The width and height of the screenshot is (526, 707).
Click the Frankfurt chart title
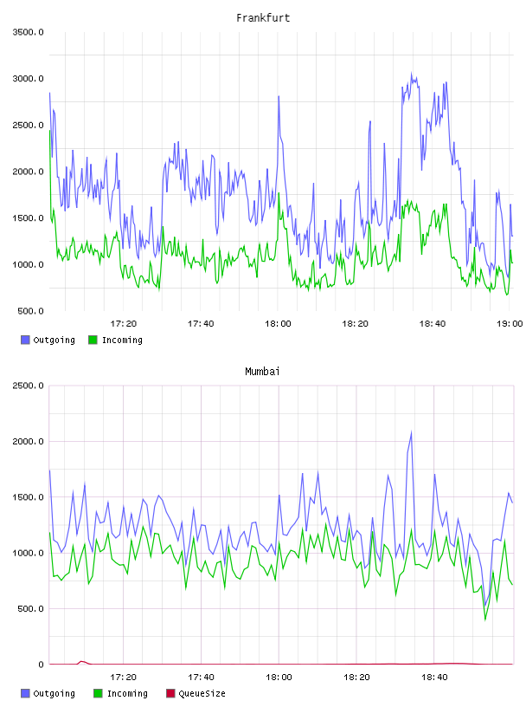tap(263, 18)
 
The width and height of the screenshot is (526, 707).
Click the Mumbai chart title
tap(262, 372)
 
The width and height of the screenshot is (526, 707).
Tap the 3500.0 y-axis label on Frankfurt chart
tap(28, 32)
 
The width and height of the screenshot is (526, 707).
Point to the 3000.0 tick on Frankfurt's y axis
tap(28, 79)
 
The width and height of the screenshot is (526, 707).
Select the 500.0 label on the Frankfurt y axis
tap(30, 311)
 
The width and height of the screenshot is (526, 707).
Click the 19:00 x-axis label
tap(510, 324)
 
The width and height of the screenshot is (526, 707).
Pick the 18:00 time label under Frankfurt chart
tap(278, 324)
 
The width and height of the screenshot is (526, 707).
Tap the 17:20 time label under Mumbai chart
tap(124, 678)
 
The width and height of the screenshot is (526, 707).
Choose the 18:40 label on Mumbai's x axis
tap(434, 678)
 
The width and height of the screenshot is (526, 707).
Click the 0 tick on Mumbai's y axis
tap(41, 665)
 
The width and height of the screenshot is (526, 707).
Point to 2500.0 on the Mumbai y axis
tap(28, 386)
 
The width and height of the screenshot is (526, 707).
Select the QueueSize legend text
tap(202, 693)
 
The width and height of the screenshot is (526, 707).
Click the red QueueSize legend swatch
tap(170, 693)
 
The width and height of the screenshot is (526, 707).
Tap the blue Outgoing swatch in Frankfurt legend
tap(25, 340)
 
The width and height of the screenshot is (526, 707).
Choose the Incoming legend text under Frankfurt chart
tap(122, 340)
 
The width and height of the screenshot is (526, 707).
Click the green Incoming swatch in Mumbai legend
tap(98, 693)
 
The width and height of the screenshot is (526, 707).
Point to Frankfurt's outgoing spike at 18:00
tap(279, 96)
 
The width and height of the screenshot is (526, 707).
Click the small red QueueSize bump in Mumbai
tap(81, 662)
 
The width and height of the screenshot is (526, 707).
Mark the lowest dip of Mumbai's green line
tap(485, 619)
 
